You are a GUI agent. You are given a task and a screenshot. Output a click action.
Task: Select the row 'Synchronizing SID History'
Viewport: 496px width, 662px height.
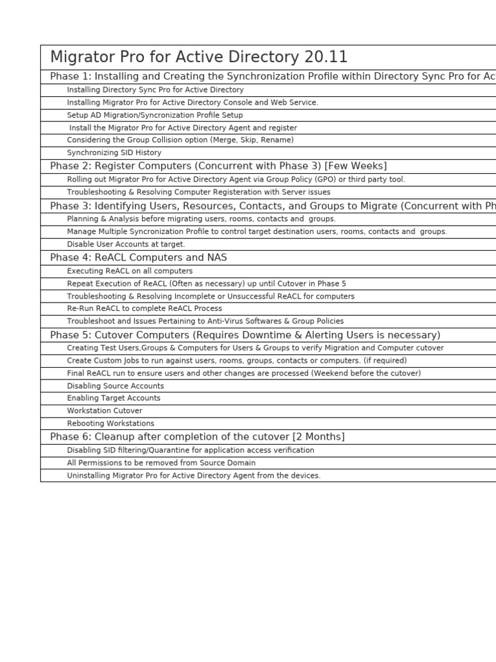pos(114,153)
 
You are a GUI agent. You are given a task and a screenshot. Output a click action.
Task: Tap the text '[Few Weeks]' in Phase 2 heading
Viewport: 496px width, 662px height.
pos(357,166)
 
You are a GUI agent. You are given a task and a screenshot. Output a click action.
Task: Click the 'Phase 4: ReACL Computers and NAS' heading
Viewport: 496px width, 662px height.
pos(138,258)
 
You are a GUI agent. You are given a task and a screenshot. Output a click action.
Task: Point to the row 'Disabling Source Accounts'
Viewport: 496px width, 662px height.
pos(116,386)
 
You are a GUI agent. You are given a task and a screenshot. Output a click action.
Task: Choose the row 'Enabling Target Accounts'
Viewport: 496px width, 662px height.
pos(114,398)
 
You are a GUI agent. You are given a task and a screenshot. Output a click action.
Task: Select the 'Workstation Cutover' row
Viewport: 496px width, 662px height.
pos(105,411)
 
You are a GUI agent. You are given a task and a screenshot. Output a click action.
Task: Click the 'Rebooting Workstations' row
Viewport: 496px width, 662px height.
pos(110,424)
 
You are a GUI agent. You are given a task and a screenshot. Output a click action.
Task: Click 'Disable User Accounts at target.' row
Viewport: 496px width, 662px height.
pos(126,244)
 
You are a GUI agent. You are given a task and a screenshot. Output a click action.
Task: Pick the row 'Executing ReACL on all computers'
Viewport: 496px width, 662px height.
pos(130,272)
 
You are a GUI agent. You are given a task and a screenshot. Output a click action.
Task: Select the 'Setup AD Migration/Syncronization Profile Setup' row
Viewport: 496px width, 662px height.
pos(155,115)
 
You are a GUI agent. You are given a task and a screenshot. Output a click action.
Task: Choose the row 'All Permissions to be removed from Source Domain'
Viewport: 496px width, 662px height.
pos(161,463)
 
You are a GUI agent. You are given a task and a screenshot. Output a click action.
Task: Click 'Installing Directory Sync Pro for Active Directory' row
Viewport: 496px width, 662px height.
pos(155,90)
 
